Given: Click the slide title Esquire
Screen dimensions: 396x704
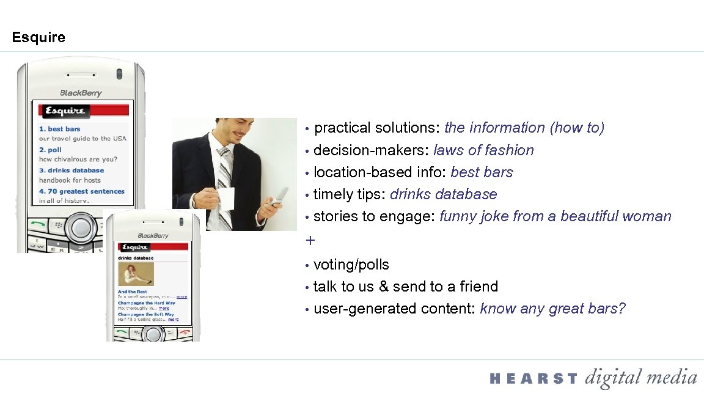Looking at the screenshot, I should (x=38, y=38).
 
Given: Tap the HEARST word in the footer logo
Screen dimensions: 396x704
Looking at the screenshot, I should (x=533, y=379).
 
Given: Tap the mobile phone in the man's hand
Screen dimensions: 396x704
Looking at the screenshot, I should (x=280, y=195).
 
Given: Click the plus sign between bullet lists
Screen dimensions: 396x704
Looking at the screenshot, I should (x=310, y=240).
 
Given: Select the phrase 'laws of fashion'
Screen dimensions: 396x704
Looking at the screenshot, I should (x=483, y=150).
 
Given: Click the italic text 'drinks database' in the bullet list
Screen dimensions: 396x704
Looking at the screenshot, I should (x=443, y=194).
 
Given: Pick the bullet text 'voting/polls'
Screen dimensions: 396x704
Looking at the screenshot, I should (x=351, y=265).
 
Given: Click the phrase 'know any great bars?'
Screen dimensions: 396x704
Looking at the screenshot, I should (x=552, y=309).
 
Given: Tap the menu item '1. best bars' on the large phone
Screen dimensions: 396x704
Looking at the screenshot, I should (x=60, y=129).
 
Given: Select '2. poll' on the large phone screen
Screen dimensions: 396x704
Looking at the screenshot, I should (x=51, y=150).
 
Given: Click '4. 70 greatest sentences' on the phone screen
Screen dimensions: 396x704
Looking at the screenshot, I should (x=82, y=191).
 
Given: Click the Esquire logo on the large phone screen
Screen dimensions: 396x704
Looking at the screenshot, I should (x=64, y=111).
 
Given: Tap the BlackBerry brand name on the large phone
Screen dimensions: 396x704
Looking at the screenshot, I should (x=81, y=93).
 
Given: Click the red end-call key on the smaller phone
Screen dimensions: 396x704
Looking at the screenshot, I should (x=185, y=333).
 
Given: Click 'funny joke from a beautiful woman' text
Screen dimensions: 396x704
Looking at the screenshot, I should (x=555, y=216).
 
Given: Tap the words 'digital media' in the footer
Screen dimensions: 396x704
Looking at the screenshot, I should (x=640, y=378).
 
